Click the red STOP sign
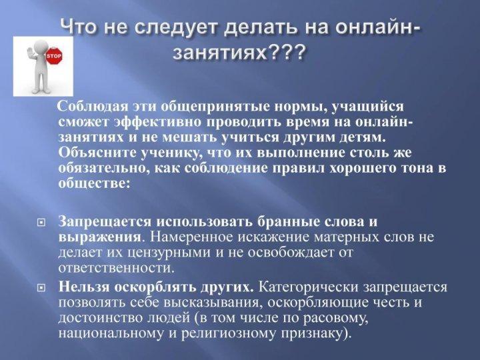(54, 55)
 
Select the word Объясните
(96, 153)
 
